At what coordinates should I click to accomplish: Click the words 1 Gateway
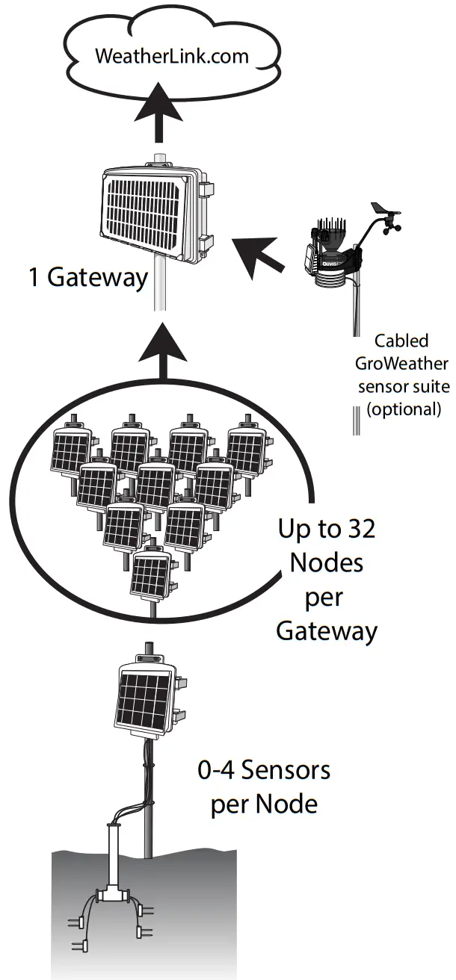pyautogui.click(x=87, y=277)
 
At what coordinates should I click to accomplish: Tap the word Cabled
pyautogui.click(x=401, y=341)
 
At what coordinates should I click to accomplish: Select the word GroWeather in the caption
pyautogui.click(x=401, y=364)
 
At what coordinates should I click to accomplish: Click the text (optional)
pyautogui.click(x=401, y=409)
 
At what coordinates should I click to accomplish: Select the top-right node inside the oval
pyautogui.click(x=244, y=450)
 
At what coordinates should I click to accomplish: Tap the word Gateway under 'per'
pyautogui.click(x=327, y=631)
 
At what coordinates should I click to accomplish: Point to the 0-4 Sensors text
pyautogui.click(x=264, y=770)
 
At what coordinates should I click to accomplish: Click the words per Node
pyautogui.click(x=264, y=804)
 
